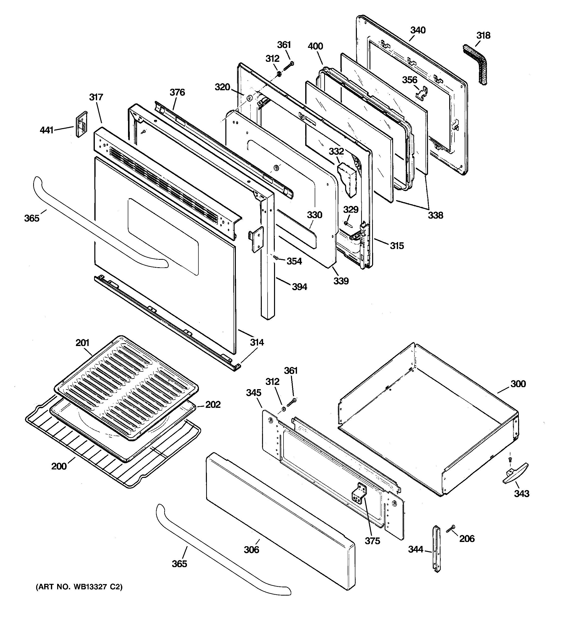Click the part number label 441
point(47,130)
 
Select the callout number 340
point(418,30)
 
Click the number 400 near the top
point(315,46)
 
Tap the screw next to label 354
point(275,257)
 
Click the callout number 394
point(299,287)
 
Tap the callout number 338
point(435,215)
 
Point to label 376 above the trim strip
point(177,92)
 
